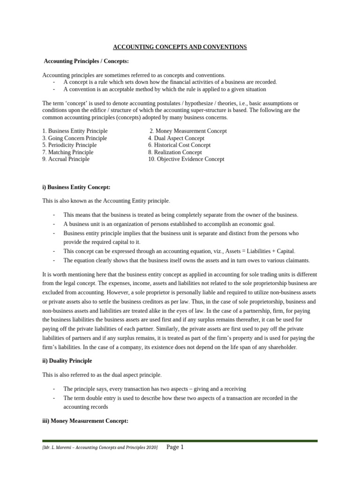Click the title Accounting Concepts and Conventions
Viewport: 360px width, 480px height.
tap(180, 47)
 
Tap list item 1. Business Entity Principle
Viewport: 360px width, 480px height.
tap(75, 131)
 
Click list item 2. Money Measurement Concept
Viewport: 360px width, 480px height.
tap(188, 131)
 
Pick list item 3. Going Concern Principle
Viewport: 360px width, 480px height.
tap(75, 138)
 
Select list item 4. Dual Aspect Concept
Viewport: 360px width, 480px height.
tap(176, 138)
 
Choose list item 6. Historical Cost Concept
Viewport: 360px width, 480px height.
tap(180, 145)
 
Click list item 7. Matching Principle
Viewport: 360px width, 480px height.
tap(68, 152)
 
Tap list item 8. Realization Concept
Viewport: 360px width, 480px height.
tap(175, 152)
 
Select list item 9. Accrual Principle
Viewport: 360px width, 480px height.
tap(66, 159)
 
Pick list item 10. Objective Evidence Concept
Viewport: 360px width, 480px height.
tap(186, 159)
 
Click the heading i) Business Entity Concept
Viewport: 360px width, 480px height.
tap(76, 187)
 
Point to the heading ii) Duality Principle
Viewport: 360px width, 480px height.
tap(67, 361)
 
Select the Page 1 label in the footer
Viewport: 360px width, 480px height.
tap(175, 448)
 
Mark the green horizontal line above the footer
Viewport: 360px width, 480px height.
tap(180, 441)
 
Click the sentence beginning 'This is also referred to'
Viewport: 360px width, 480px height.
tap(102, 375)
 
